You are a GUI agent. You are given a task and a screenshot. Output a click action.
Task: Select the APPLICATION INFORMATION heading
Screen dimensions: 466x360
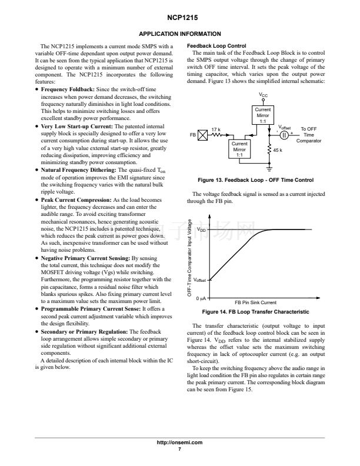(179, 34)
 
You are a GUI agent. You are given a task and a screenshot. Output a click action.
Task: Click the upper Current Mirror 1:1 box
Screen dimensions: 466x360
(262, 115)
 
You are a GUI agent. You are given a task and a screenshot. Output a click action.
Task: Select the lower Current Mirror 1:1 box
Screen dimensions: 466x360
(239, 149)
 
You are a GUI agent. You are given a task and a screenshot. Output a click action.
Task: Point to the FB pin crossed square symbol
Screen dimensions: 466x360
(203, 135)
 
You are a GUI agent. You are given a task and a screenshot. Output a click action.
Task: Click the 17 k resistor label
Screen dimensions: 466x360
(216, 129)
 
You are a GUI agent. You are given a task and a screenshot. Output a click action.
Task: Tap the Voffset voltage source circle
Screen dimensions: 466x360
(284, 135)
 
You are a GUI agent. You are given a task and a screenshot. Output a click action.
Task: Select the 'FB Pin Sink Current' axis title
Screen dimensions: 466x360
(256, 302)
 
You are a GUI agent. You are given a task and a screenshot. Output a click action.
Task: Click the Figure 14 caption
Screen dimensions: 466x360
(255, 312)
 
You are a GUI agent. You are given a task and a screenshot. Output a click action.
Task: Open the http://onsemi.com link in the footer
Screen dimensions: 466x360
(179, 442)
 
